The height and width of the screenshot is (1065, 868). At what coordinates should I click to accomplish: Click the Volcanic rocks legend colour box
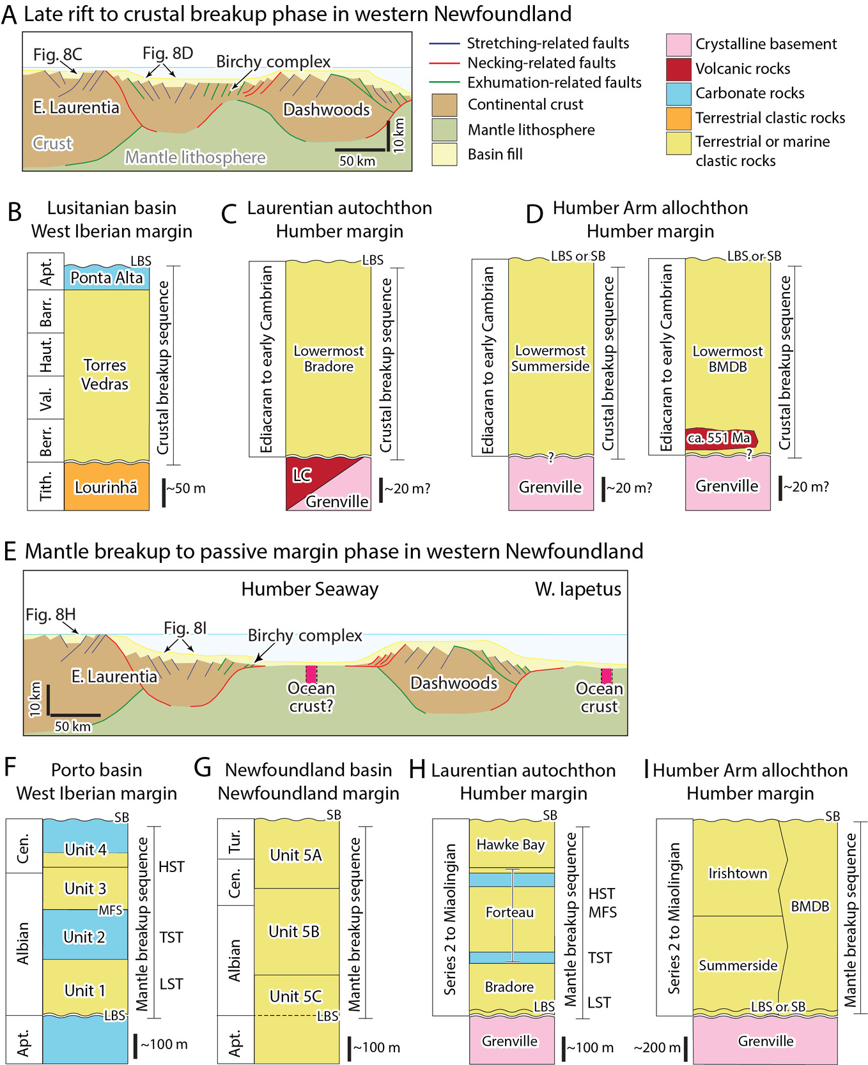click(678, 69)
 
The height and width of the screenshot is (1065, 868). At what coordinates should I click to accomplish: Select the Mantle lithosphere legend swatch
click(444, 130)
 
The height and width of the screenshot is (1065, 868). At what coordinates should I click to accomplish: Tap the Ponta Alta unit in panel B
click(107, 277)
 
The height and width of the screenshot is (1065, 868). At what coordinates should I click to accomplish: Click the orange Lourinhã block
click(106, 487)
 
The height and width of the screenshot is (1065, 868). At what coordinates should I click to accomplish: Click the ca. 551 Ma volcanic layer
click(719, 438)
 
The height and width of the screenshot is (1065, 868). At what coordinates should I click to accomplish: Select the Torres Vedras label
click(105, 374)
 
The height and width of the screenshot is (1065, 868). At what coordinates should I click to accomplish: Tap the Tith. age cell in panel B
click(46, 487)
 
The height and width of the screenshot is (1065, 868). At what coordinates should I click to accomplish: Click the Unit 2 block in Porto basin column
click(84, 937)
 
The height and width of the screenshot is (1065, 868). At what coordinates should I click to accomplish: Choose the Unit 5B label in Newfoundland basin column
click(294, 931)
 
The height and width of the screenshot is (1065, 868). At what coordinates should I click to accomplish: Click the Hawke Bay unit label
click(511, 845)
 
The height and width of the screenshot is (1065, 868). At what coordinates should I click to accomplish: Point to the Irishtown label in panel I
click(738, 873)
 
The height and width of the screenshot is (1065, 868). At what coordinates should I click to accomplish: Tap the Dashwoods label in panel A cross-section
click(327, 110)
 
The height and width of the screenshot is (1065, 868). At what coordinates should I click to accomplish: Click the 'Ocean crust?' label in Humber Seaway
click(311, 697)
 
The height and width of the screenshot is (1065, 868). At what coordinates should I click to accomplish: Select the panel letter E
click(10, 551)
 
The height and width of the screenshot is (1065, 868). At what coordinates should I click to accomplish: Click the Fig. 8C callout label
click(58, 55)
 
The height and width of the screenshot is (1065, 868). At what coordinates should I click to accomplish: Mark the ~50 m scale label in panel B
click(186, 488)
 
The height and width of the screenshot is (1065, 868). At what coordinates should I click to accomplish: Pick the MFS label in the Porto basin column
click(111, 910)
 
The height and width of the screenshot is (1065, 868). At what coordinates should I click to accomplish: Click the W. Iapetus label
click(578, 589)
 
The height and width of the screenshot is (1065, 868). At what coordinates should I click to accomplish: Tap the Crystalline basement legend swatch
click(678, 45)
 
